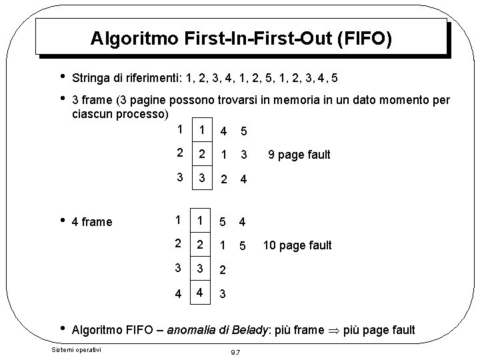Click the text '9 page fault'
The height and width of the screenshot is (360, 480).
(x=299, y=155)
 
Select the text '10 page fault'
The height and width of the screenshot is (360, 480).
(x=297, y=245)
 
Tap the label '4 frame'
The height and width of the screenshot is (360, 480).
(x=92, y=221)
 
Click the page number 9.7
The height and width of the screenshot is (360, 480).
(x=234, y=351)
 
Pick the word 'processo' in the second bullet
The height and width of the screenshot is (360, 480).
(x=141, y=114)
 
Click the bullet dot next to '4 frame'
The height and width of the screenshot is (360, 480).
(x=62, y=220)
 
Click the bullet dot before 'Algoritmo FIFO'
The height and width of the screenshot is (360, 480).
(x=62, y=329)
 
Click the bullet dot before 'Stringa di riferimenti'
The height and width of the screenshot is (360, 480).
(x=62, y=77)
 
